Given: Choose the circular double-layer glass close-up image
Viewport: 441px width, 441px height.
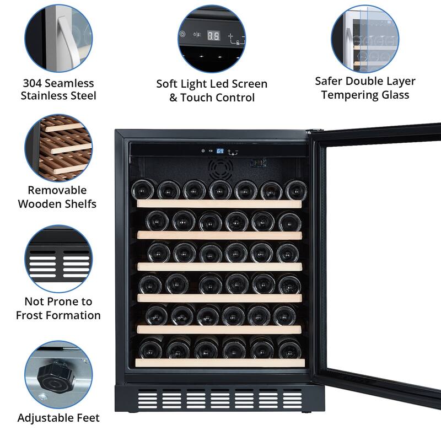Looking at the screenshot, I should click(364, 37).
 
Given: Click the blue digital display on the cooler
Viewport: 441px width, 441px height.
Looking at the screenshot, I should click(219, 150).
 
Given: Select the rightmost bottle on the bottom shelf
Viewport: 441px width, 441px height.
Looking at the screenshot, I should click(289, 348).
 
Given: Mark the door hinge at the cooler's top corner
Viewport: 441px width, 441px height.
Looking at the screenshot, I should click(314, 131).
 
